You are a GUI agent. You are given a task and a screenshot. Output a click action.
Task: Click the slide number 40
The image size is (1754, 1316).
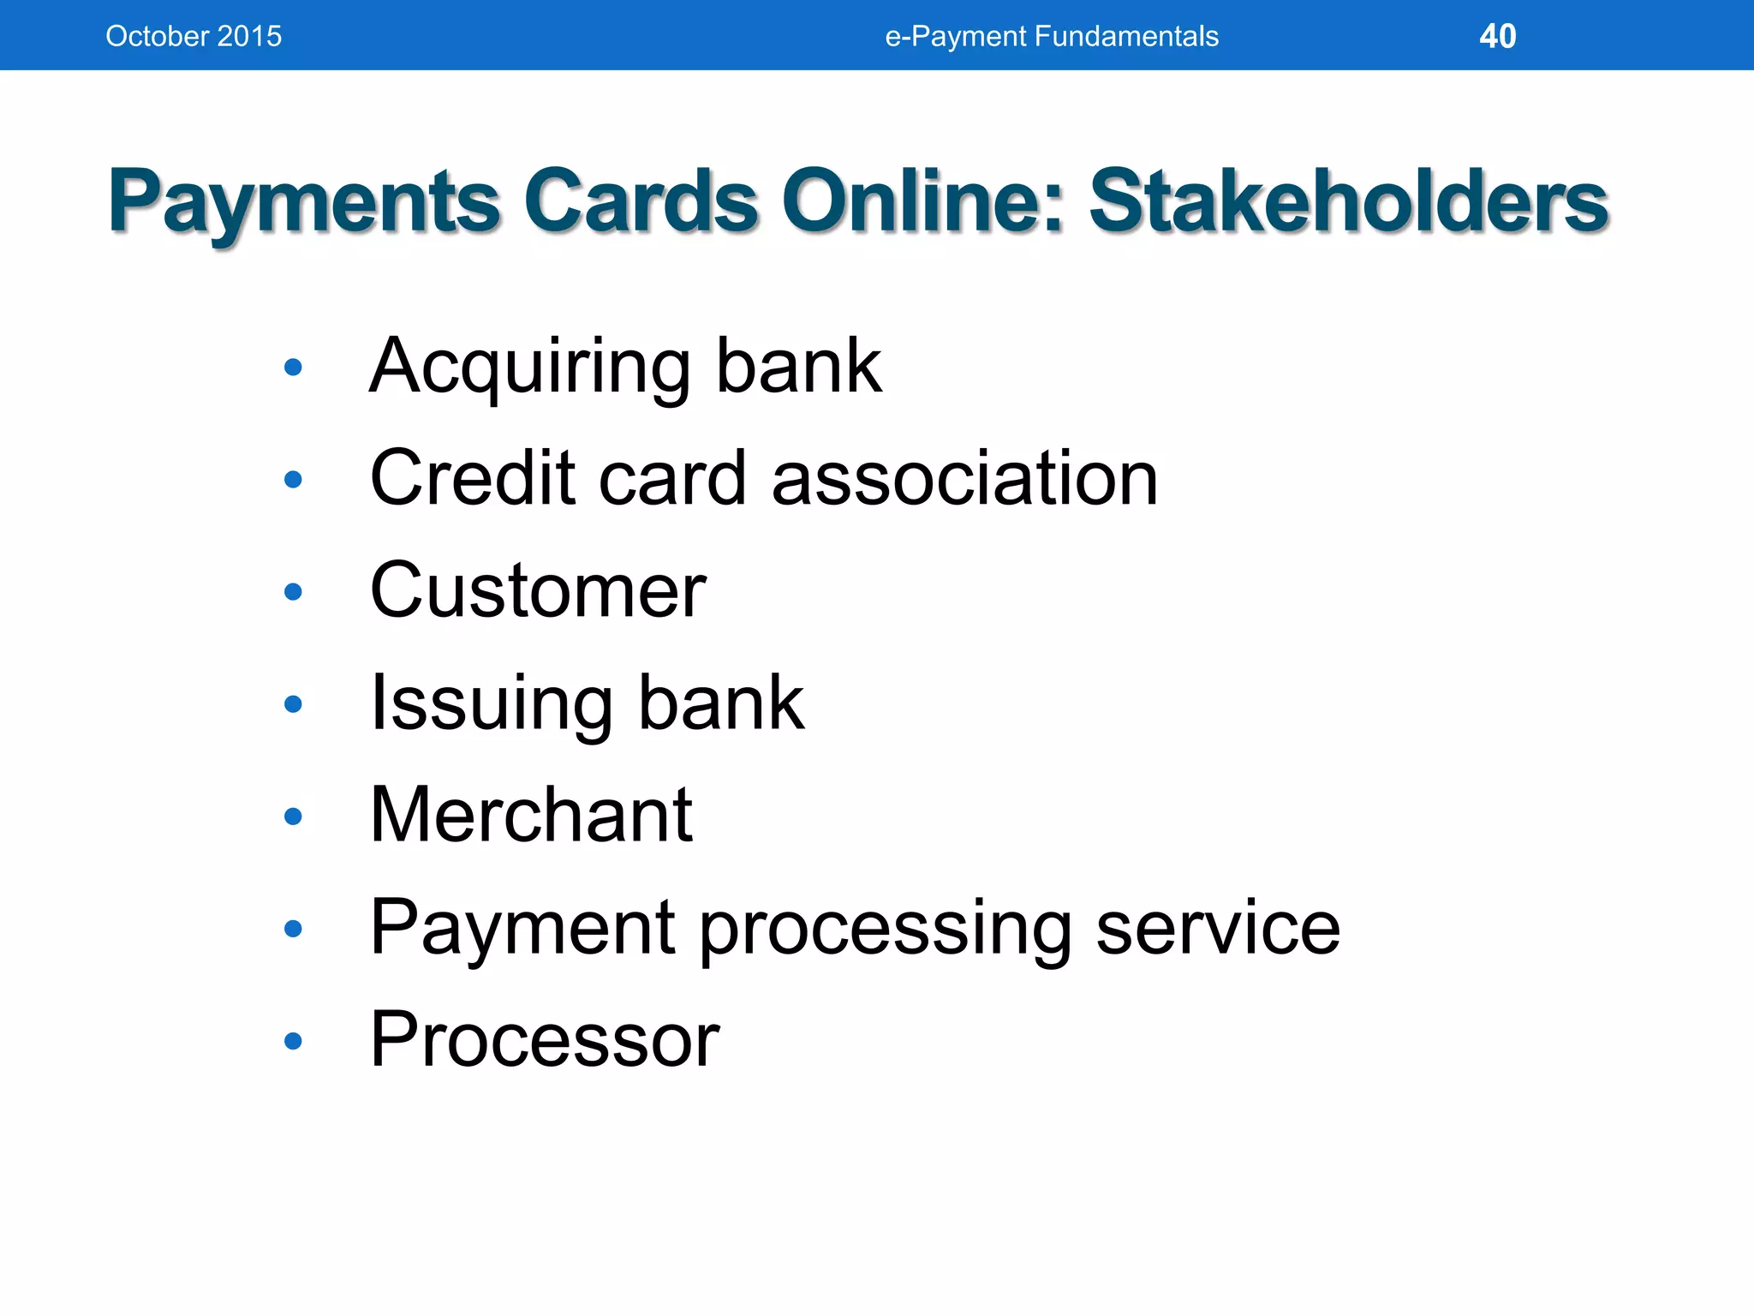(1497, 36)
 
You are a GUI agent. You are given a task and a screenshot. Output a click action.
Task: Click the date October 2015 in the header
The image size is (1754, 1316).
(194, 36)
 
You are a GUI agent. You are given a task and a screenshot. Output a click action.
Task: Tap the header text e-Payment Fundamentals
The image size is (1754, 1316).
(1051, 36)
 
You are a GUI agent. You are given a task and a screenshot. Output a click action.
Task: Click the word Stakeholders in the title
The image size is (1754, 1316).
(1348, 202)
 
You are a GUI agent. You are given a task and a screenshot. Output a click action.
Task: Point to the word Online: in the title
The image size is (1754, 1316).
(922, 202)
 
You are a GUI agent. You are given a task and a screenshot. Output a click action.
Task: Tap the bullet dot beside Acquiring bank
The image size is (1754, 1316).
(293, 368)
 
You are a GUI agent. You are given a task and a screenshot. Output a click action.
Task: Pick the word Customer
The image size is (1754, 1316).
(538, 590)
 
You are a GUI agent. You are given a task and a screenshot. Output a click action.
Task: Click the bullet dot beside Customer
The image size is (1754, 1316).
(293, 592)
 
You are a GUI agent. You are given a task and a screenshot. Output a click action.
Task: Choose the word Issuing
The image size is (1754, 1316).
(491, 704)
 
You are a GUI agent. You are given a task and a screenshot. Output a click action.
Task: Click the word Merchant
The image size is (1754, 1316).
(531, 815)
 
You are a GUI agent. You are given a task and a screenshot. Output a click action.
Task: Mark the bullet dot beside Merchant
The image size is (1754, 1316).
(293, 817)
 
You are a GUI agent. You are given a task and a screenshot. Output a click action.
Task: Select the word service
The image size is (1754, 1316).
(1217, 928)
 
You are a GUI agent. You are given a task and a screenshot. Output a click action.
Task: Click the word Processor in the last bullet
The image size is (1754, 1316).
(545, 1039)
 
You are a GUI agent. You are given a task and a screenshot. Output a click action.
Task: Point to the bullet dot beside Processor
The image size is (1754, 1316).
(293, 1041)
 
